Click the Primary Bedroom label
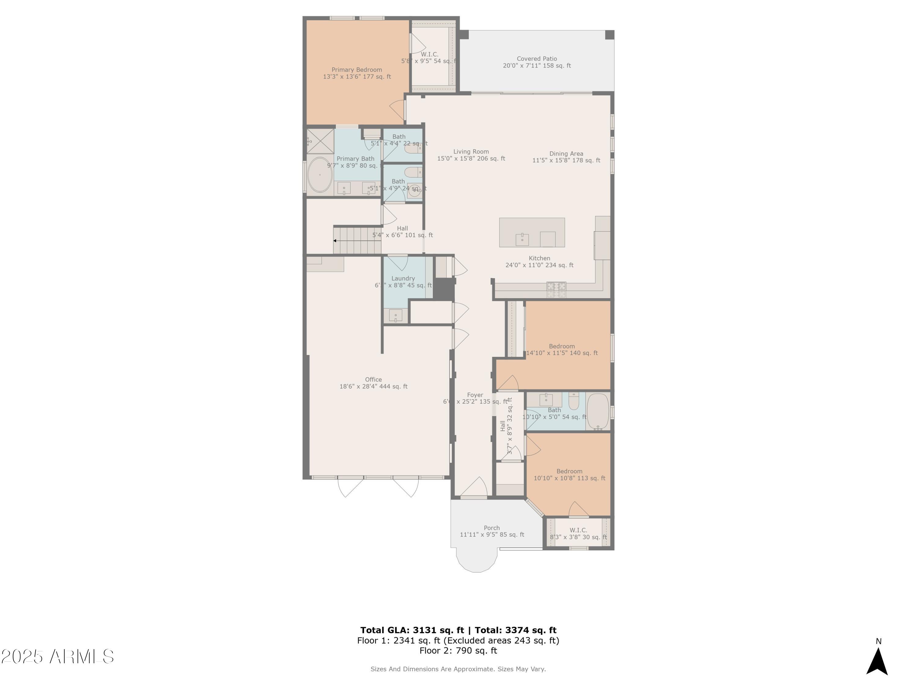click(356, 73)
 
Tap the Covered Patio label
click(536, 62)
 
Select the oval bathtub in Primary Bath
click(320, 175)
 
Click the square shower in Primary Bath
click(320, 141)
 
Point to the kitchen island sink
click(522, 239)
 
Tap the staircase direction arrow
click(335, 241)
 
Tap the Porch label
click(492, 531)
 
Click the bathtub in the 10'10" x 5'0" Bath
click(597, 411)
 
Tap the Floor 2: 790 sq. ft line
click(458, 651)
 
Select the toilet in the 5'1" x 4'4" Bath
click(413, 148)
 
